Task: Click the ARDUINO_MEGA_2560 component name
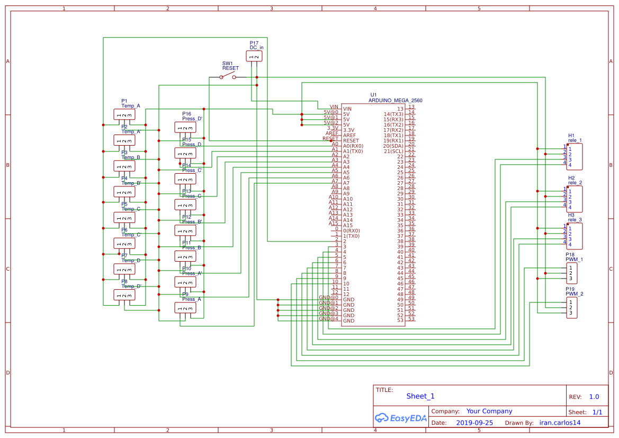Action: [395, 100]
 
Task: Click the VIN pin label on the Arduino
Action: [333, 107]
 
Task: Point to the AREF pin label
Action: [332, 133]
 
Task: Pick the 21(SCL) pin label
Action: [393, 151]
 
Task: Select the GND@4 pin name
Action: [328, 319]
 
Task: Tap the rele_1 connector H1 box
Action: [575, 156]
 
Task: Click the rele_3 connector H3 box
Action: [575, 236]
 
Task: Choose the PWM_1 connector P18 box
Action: [572, 273]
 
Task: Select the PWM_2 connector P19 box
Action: [572, 308]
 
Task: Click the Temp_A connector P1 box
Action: [124, 114]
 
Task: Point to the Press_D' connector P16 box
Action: [185, 127]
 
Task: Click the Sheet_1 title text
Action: [420, 396]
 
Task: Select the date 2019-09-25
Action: [474, 423]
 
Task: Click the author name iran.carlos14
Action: [560, 423]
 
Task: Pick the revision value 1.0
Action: [594, 397]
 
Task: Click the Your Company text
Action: [489, 411]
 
